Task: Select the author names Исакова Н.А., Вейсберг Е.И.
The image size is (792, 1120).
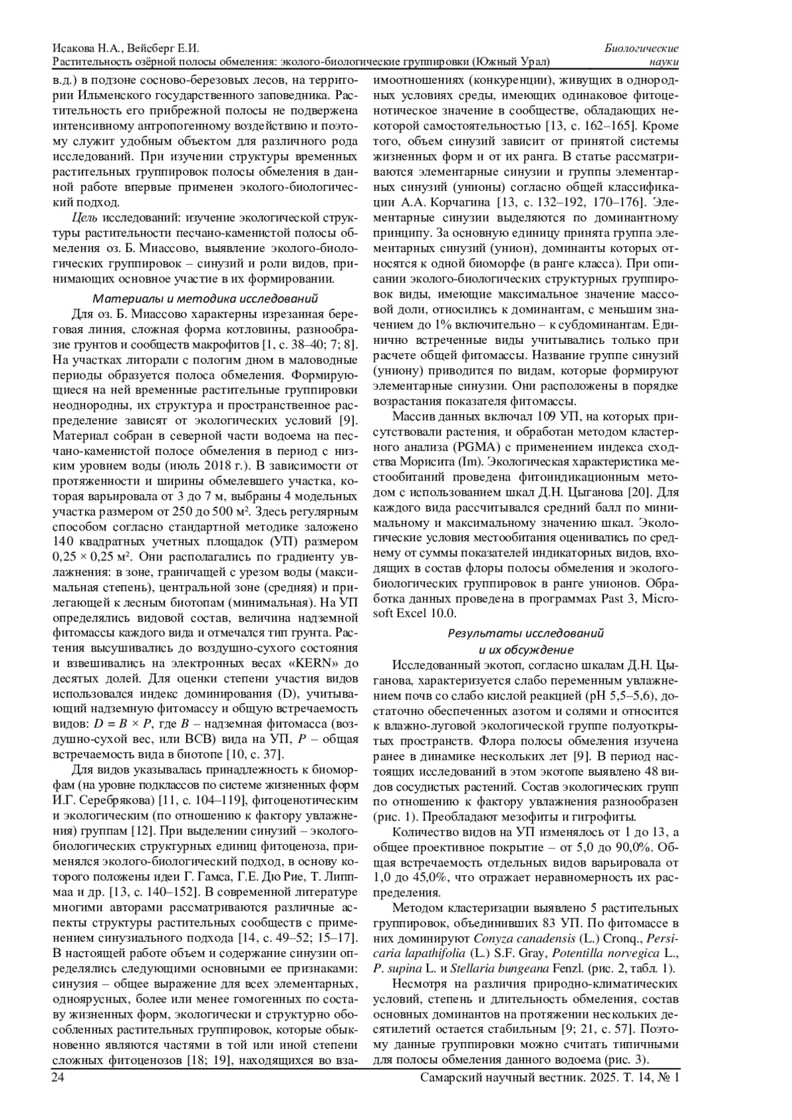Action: pyautogui.click(x=125, y=49)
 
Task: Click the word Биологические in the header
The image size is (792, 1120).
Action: pyautogui.click(x=642, y=49)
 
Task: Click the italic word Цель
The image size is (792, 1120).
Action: pyautogui.click(x=84, y=217)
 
